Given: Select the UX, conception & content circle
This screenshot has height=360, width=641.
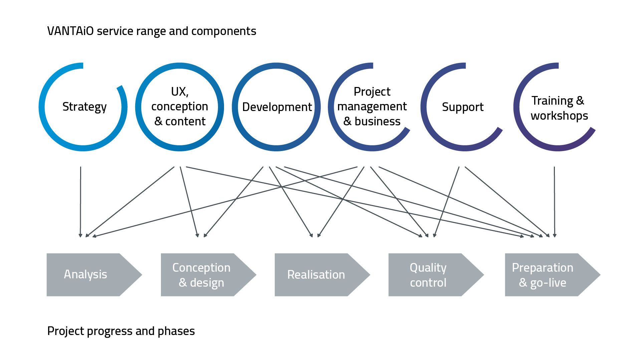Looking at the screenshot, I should pyautogui.click(x=180, y=107).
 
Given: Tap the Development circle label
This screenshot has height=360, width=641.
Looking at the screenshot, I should pyautogui.click(x=277, y=107).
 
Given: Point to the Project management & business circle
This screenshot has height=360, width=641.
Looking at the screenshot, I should pyautogui.click(x=372, y=107).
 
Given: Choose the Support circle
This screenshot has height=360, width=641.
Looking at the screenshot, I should pyautogui.click(x=463, y=107).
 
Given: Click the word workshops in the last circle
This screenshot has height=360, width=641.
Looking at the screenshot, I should pyautogui.click(x=560, y=116).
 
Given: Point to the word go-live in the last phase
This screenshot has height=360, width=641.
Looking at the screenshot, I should pyautogui.click(x=548, y=283).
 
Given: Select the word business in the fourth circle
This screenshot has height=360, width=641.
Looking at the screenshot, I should pyautogui.click(x=378, y=121).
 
